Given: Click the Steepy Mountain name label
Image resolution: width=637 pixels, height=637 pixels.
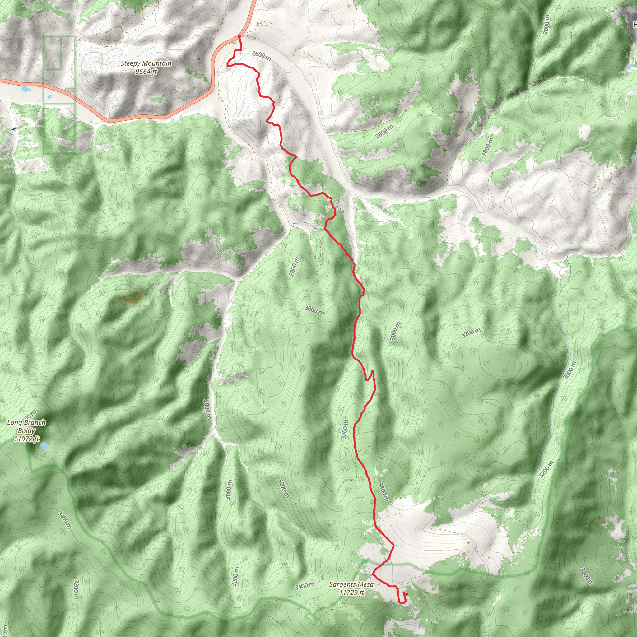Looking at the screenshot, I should pyautogui.click(x=146, y=63).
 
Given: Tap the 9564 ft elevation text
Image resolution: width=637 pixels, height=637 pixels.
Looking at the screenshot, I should pyautogui.click(x=146, y=72).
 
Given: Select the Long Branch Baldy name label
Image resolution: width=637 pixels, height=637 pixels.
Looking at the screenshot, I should pyautogui.click(x=26, y=426).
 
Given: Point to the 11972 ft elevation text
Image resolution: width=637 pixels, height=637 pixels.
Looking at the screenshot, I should pyautogui.click(x=26, y=439).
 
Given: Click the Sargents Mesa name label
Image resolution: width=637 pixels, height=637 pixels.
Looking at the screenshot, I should pyautogui.click(x=351, y=584).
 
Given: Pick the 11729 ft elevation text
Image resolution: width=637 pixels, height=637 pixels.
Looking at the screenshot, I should pyautogui.click(x=351, y=593).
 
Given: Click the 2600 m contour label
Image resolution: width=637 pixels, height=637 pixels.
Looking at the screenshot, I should pyautogui.click(x=262, y=56).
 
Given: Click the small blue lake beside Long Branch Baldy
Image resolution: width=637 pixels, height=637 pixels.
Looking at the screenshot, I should pyautogui.click(x=44, y=446).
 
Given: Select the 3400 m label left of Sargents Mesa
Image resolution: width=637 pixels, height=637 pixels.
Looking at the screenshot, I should pyautogui.click(x=304, y=586).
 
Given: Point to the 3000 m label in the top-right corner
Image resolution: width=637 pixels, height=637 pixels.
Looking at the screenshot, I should pyautogui.click(x=546, y=25).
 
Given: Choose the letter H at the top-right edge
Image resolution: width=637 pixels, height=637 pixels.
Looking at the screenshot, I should pyautogui.click(x=634, y=24).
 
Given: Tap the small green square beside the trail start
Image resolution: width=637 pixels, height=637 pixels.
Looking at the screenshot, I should pyautogui.click(x=235, y=42).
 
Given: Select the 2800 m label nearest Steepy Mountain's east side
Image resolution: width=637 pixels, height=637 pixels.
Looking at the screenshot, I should pyautogui.click(x=384, y=132).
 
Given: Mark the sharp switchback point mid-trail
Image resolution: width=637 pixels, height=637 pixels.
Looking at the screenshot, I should pyautogui.click(x=373, y=371).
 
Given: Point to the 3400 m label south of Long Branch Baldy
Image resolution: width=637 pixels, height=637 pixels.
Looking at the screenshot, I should pyautogui.click(x=64, y=520).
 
